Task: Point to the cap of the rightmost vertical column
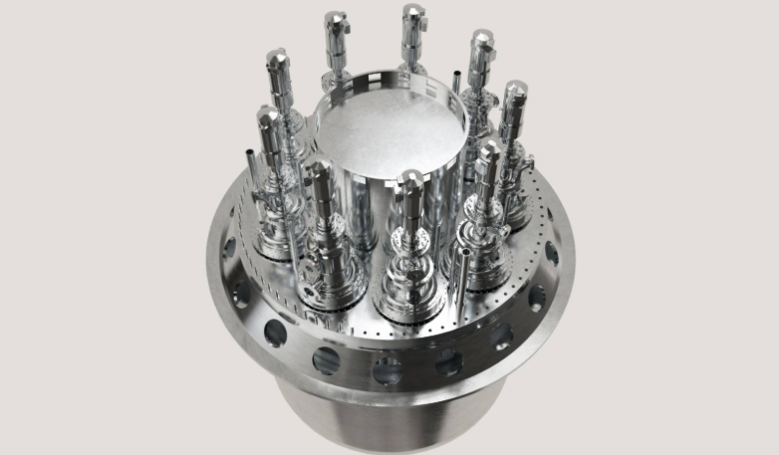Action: (514, 96)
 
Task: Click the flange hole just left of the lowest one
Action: (326, 359)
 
